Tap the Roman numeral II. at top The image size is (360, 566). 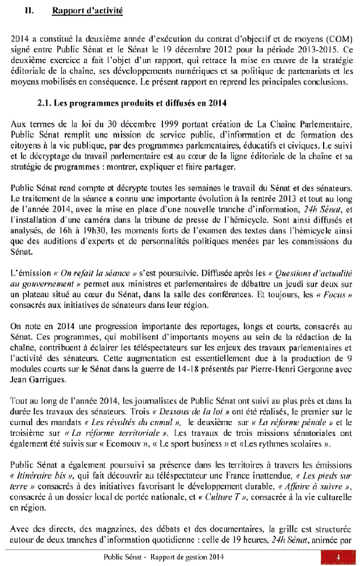point(31,11)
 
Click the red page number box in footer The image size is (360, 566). point(339,557)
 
